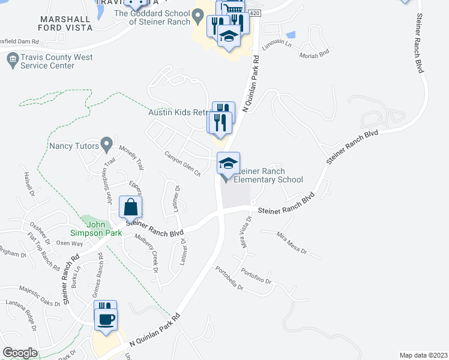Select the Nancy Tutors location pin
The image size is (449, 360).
tap(107, 144)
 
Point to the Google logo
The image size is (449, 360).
tap(20, 352)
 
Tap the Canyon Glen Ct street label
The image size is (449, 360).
tap(182, 163)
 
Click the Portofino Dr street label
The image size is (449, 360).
tap(258, 277)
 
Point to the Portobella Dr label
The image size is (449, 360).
tap(229, 278)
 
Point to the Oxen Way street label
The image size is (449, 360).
tap(69, 244)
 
